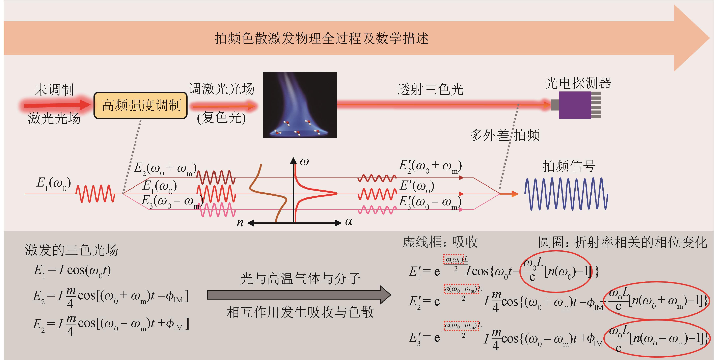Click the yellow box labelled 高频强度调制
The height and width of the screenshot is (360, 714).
point(141,106)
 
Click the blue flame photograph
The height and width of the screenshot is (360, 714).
point(300,105)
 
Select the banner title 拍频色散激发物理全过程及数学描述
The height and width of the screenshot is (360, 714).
point(322,38)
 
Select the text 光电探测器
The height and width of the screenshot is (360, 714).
point(578,83)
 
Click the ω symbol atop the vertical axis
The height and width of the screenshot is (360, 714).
point(304,162)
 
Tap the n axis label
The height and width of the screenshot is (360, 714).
point(240,223)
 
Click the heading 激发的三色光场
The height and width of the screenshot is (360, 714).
point(72,250)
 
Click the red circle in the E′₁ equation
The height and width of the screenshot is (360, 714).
point(555,272)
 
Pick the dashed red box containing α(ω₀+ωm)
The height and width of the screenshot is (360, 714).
point(461,289)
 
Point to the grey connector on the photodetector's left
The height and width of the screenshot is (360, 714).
point(554,105)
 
